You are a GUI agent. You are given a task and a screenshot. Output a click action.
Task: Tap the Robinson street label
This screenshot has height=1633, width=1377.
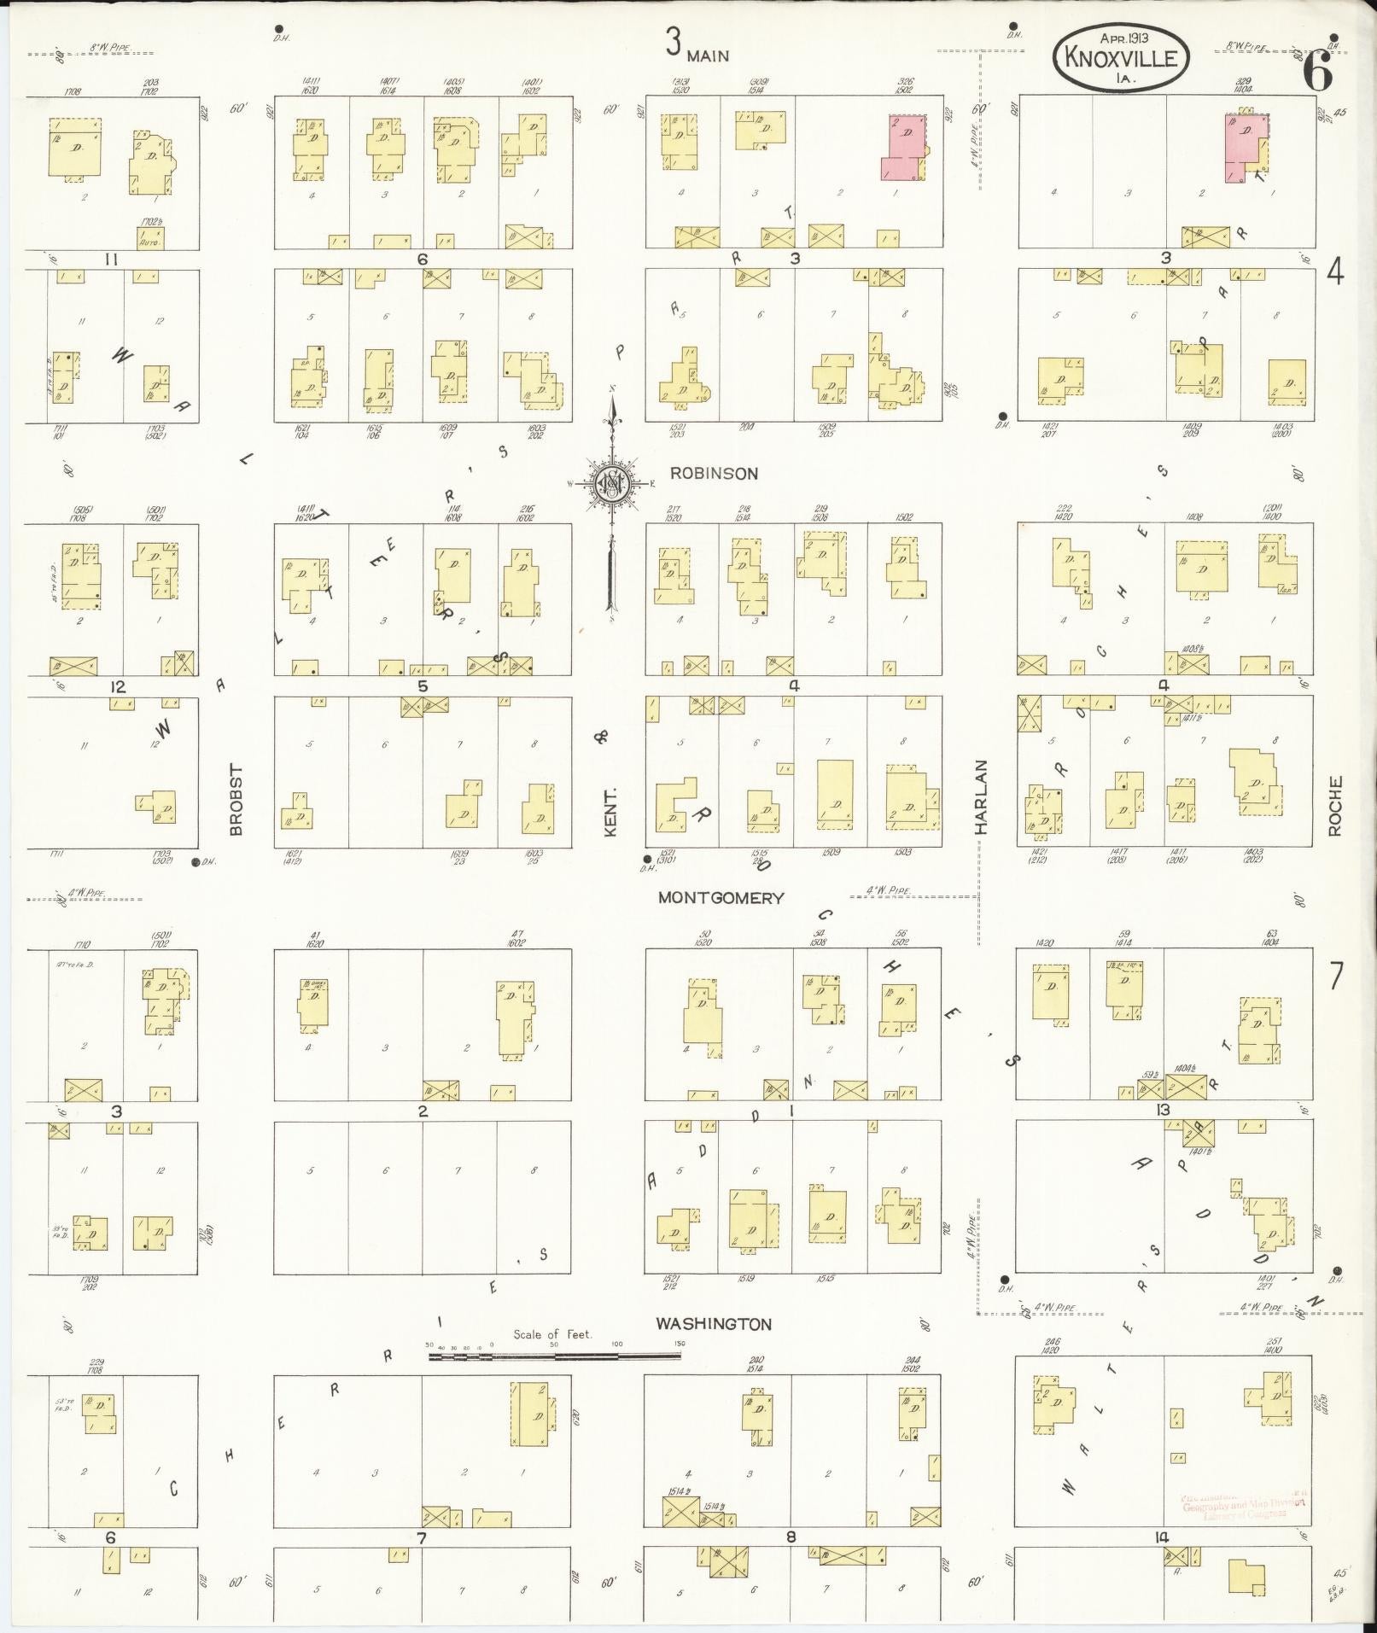tap(714, 473)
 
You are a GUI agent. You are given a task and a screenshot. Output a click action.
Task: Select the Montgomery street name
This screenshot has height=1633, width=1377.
tap(721, 898)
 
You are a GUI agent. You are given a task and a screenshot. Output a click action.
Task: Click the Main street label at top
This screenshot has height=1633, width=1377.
tap(709, 56)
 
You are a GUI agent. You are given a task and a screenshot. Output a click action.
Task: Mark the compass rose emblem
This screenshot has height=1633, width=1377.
tap(611, 483)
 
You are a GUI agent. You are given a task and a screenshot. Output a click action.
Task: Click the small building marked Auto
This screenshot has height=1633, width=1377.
tap(150, 237)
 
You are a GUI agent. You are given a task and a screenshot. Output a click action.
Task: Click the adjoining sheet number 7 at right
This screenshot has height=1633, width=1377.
tap(1335, 976)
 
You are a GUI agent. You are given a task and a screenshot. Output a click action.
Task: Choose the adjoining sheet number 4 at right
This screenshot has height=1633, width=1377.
tap(1335, 274)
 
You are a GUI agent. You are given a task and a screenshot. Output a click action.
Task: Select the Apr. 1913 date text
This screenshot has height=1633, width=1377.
tap(1123, 38)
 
